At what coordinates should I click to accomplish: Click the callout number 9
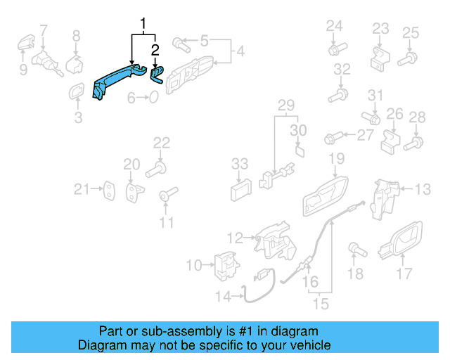point(23,69)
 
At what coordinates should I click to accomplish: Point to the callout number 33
point(240,163)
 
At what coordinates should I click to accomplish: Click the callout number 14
point(222,297)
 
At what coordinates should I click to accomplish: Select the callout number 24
point(334,26)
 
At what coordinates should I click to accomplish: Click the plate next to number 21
point(110,188)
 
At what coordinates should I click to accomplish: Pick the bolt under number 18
point(356,249)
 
